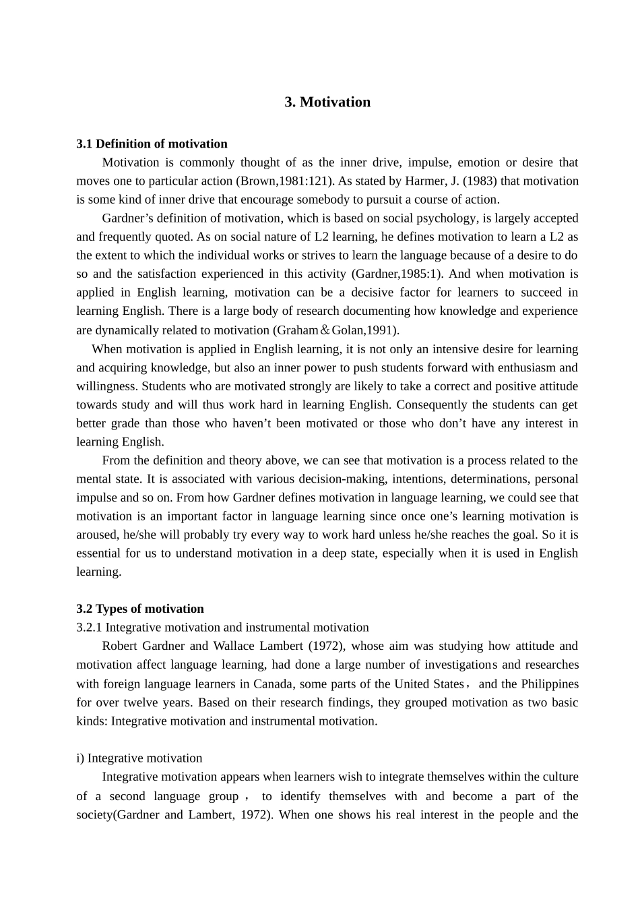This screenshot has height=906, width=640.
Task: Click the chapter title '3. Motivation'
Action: [327, 102]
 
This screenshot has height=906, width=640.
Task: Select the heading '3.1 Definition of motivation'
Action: [152, 144]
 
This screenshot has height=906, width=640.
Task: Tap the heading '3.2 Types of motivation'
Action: [140, 609]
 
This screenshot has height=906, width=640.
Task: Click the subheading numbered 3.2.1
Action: [222, 627]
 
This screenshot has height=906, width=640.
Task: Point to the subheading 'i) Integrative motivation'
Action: [139, 758]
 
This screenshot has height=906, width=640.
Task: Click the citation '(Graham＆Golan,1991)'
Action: [335, 330]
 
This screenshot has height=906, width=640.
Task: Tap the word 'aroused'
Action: [96, 535]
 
